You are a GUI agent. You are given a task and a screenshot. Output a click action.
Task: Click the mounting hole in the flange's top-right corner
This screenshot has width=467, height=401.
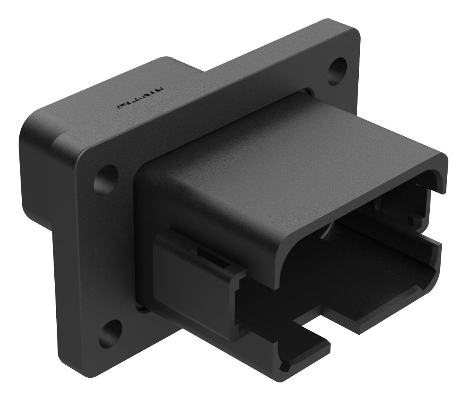coord(337,67)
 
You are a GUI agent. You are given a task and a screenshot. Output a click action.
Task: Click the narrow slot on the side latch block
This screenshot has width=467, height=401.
coord(212,259)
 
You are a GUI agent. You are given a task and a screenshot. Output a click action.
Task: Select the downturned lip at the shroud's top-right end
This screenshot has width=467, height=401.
coord(443,175)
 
